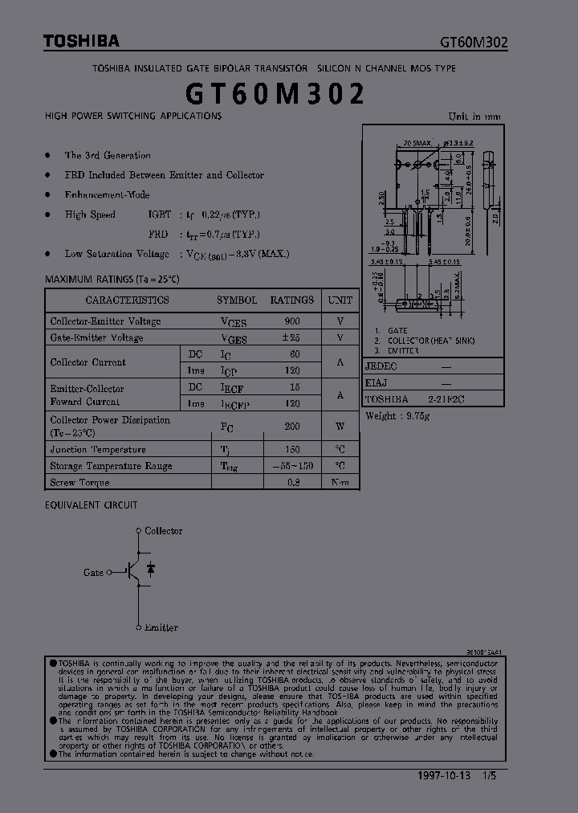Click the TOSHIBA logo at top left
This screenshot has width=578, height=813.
(81, 41)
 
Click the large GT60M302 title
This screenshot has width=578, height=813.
(275, 95)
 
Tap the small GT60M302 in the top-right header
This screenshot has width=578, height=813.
(473, 43)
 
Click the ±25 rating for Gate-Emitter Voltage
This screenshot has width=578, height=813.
(291, 338)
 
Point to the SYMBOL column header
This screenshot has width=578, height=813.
(237, 300)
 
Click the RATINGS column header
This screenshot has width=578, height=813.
(291, 300)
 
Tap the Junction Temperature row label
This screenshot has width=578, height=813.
(98, 450)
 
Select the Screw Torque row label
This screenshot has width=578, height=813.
(79, 483)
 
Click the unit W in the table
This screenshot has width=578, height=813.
(340, 427)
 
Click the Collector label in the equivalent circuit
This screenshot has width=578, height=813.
(163, 531)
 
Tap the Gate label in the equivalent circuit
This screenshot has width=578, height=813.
(94, 573)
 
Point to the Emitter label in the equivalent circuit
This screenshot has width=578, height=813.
(161, 627)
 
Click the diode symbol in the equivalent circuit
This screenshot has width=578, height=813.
(150, 570)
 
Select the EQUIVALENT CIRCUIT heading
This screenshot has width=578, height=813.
(91, 505)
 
